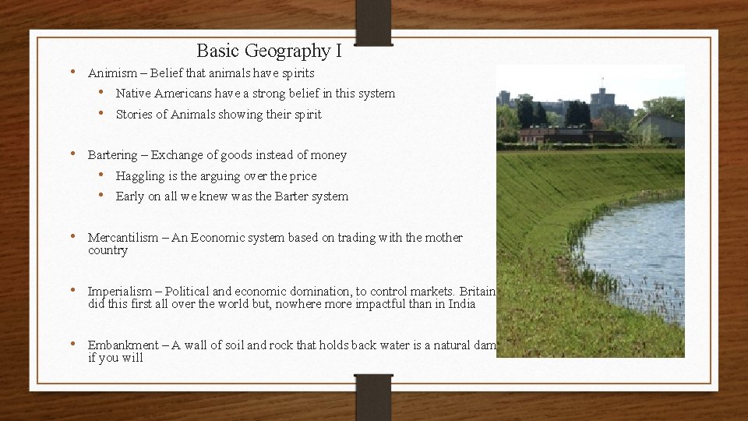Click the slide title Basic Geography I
click(269, 51)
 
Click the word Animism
click(109, 73)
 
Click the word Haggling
click(139, 176)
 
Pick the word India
click(461, 304)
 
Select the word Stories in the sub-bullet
click(133, 115)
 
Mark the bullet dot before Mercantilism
click(72, 237)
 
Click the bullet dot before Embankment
click(72, 345)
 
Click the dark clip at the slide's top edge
click(373, 22)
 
